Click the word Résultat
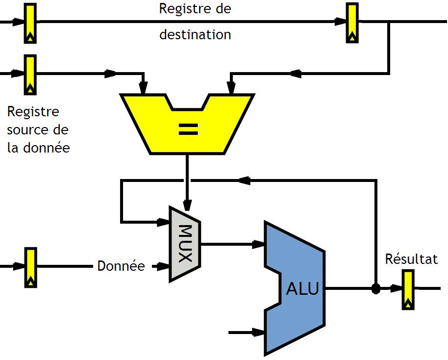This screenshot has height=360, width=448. pos(411,259)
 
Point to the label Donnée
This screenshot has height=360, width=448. pos(121,266)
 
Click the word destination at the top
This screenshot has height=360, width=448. pos(195,35)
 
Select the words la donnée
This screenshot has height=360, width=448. pos(39,147)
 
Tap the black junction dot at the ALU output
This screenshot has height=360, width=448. pos(376,288)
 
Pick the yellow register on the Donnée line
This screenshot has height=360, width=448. pos(31,267)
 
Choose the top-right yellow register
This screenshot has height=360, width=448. pos(352,23)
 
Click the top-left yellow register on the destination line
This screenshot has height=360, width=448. pos(31,23)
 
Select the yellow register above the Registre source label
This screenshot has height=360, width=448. pos(31,75)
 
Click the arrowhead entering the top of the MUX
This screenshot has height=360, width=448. pos(187,204)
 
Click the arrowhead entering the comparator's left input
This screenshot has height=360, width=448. pos(143,89)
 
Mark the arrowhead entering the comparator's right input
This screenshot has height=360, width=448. pos(231,89)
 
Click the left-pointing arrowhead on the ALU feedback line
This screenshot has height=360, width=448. pos(245,180)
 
